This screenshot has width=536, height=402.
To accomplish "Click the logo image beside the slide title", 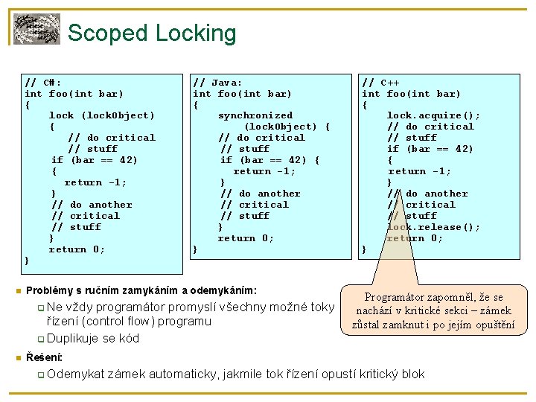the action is pos(36,29).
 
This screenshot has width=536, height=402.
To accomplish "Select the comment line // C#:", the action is pos(43,82).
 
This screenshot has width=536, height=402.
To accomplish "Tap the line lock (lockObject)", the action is pos(101,115).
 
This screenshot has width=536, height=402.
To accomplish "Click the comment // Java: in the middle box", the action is pos(217,82).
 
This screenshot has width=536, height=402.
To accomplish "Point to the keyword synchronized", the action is pos(255,115).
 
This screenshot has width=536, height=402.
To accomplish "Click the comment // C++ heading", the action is pos(380,82).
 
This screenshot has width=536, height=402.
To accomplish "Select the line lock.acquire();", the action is pos(433,115).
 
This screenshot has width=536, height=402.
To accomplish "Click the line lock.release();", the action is pos(433,227).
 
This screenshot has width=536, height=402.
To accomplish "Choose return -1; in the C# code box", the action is pos(95,182).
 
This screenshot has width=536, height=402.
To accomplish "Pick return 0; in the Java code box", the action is pos(246,238).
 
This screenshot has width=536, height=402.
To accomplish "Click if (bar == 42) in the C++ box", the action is pos(430,149).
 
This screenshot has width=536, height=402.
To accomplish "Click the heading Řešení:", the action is pos(45,357).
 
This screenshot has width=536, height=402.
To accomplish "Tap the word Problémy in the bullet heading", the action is pos(48,290).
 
